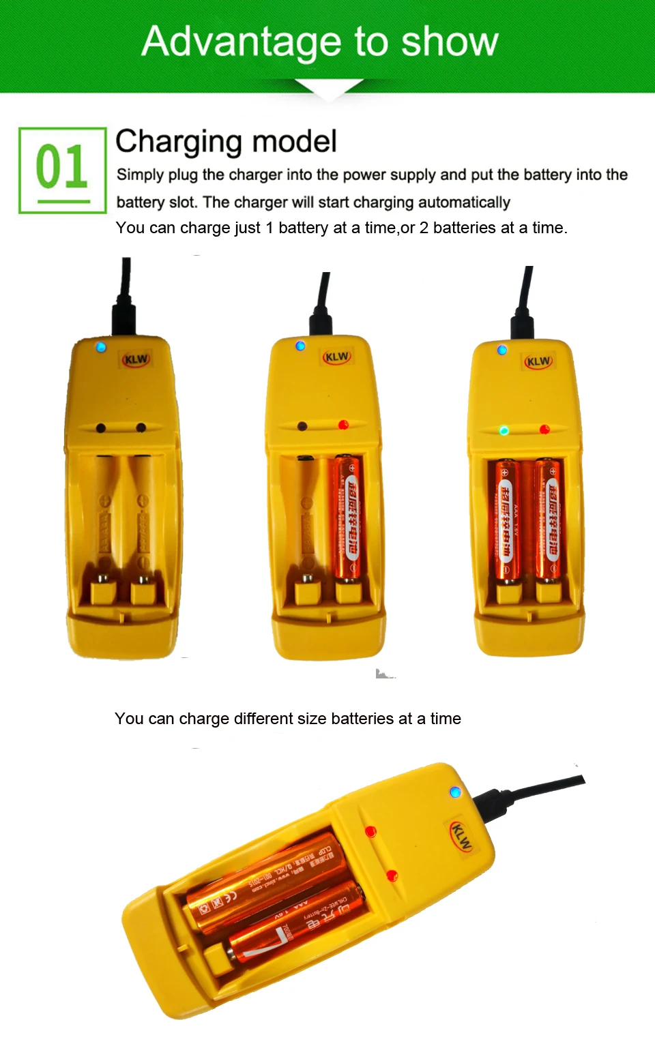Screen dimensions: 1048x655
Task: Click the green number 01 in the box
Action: point(61,167)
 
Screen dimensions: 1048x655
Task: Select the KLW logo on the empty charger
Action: point(136,359)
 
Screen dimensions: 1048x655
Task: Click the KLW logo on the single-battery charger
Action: point(337,357)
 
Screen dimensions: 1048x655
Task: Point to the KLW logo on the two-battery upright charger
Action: point(538,361)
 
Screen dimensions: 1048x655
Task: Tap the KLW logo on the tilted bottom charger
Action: point(462,837)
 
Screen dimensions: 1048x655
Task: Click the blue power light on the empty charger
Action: point(101,347)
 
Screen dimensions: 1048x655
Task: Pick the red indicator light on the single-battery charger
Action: point(343,425)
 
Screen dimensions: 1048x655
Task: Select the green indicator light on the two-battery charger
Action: point(504,430)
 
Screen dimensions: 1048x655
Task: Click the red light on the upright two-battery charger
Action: point(544,430)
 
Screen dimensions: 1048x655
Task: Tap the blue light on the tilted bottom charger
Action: point(455,792)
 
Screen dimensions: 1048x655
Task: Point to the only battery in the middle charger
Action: point(348,518)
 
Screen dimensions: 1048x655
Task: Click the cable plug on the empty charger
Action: point(125,317)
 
